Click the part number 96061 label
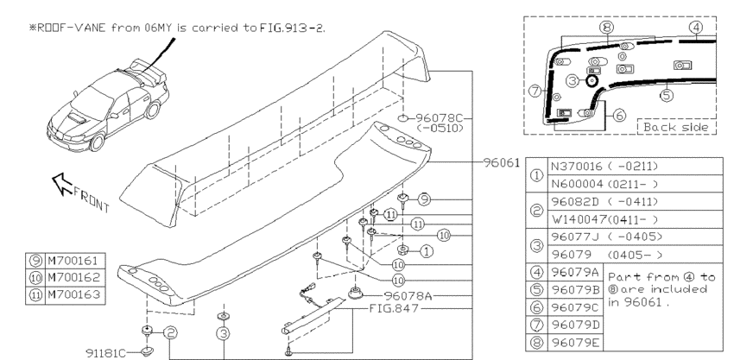[502, 162]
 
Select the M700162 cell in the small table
[74, 277]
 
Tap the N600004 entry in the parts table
[577, 184]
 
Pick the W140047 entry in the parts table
[579, 219]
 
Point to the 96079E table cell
[575, 343]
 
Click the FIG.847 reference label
[394, 308]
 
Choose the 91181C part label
[106, 352]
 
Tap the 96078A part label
[408, 295]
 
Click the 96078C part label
[438, 117]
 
